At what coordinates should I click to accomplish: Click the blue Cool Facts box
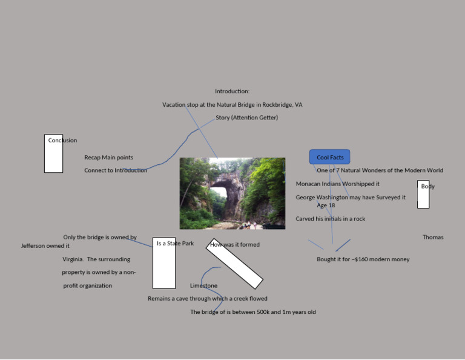tap(330, 157)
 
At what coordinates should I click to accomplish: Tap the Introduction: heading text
tap(232, 92)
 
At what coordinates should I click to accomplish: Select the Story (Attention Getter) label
tap(246, 118)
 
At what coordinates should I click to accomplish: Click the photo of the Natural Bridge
tap(232, 193)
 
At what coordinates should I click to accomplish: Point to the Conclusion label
tap(63, 141)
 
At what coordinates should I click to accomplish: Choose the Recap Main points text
tap(109, 158)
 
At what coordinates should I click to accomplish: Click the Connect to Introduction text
tap(116, 170)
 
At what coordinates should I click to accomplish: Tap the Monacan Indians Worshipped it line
tap(338, 184)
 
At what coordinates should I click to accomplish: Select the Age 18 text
tap(326, 205)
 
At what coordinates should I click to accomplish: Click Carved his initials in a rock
tap(331, 219)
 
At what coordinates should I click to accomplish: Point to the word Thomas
tap(433, 238)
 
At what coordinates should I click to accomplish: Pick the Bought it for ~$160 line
tap(363, 259)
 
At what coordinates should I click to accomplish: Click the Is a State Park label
tap(175, 244)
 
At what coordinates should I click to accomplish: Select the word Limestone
tap(203, 285)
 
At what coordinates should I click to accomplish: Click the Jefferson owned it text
tap(45, 246)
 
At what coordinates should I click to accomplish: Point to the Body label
tap(428, 187)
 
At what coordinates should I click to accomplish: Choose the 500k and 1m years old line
tap(253, 312)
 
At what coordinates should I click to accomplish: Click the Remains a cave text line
tap(208, 299)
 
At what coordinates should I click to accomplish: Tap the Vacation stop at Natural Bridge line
tap(232, 105)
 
